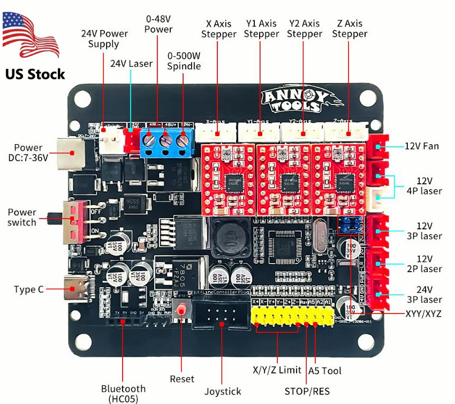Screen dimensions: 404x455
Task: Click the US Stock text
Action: [35, 74]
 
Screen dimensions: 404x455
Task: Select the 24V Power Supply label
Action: [104, 39]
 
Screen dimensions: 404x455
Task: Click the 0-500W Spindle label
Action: [184, 61]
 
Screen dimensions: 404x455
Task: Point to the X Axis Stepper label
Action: [218, 29]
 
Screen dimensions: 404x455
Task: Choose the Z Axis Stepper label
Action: [350, 29]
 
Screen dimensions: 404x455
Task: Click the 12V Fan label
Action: [421, 146]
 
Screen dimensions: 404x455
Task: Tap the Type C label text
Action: [29, 289]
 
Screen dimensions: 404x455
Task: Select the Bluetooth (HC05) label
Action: [123, 393]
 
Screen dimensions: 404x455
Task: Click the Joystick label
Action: [223, 392]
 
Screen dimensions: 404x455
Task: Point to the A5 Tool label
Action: [325, 370]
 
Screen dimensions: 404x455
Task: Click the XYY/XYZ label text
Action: [423, 313]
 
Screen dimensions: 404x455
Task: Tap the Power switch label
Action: [22, 218]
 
